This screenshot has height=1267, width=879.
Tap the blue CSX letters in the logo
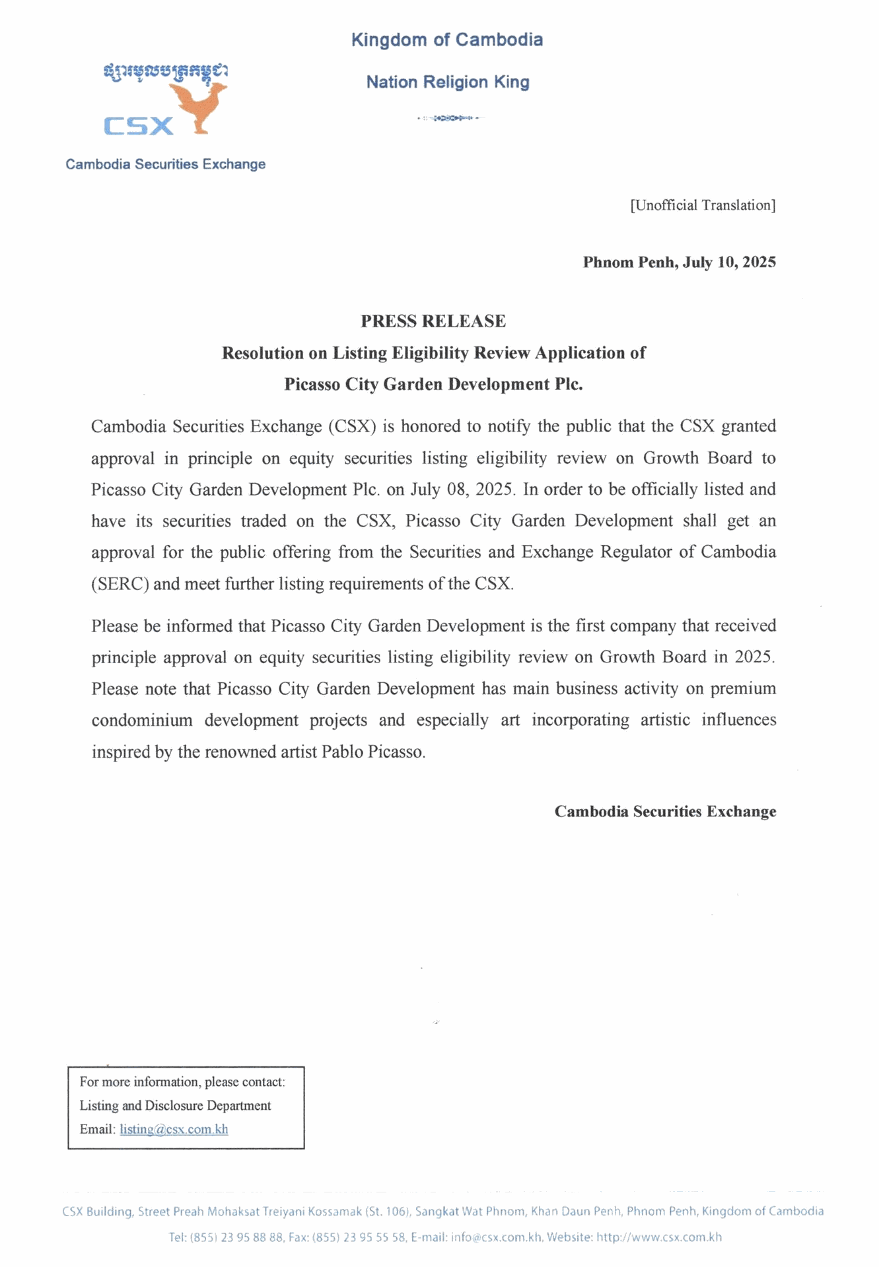tap(139, 125)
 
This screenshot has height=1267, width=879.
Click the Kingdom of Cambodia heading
tap(446, 40)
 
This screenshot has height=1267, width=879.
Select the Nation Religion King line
tap(448, 82)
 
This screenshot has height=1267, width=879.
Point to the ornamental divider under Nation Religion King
tap(450, 118)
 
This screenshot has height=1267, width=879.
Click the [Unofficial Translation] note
tap(703, 205)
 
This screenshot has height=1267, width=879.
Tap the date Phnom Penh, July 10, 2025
tap(679, 263)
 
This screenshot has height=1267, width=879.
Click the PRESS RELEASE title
tap(433, 321)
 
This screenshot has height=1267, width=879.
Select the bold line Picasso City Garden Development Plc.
tap(433, 384)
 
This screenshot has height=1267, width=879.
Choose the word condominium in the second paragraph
tap(142, 720)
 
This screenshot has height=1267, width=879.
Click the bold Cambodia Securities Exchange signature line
tap(665, 812)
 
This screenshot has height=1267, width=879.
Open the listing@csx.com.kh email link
tap(174, 1129)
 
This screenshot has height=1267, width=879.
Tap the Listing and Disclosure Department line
tap(175, 1105)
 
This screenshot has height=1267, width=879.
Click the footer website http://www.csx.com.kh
tap(658, 1237)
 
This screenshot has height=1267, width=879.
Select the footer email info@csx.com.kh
tap(496, 1237)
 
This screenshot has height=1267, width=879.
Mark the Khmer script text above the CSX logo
tap(165, 71)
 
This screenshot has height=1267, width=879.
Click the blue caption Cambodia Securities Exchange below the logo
tap(165, 164)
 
